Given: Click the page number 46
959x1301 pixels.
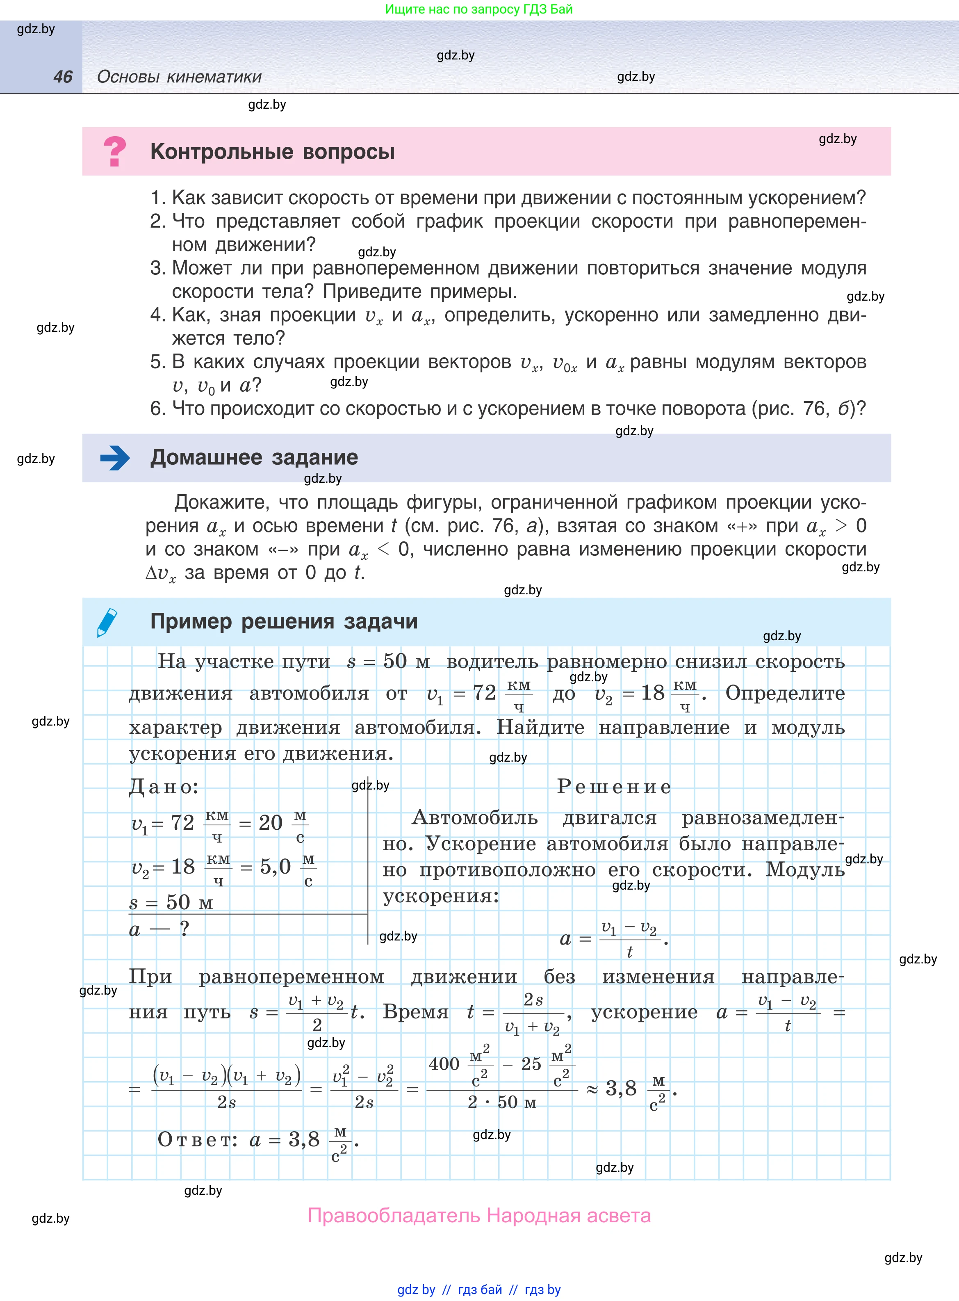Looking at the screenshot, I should coord(63,77).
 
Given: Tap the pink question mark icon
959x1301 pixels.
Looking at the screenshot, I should coord(114,151).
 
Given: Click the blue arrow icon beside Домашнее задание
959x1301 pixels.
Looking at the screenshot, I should coord(115,458).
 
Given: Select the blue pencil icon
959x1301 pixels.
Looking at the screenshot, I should coord(107,622).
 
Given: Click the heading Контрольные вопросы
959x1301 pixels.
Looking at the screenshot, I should coord(272,151).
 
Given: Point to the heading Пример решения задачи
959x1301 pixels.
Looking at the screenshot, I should coord(284,621).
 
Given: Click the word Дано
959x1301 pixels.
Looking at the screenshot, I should coord(163,787).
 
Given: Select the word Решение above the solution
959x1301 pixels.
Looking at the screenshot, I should coord(614,787).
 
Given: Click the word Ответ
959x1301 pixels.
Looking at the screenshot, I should coord(197,1140).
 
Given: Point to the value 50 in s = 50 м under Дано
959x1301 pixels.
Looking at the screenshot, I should coord(178,902).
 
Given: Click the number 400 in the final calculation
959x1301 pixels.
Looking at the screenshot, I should coord(444,1064).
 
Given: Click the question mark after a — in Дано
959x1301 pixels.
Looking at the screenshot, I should coord(184,929).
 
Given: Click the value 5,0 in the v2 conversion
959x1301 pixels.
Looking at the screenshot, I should coord(275,867).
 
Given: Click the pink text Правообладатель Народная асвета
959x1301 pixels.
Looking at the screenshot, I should coord(479,1215).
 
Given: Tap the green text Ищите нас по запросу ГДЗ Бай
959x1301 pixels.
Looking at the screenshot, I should coord(478,9).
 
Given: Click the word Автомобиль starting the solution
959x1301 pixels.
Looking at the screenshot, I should coord(474,817).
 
